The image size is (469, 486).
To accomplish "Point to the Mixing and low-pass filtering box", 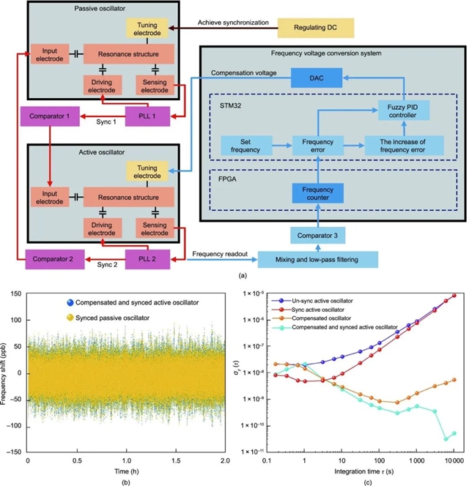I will click(317, 260).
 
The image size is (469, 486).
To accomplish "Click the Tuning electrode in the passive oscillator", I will click(147, 29).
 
